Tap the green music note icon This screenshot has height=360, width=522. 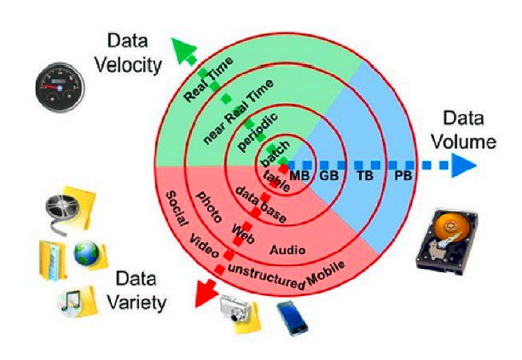pyautogui.click(x=73, y=302)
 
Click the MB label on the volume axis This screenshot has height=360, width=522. pyautogui.click(x=300, y=175)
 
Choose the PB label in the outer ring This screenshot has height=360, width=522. pyautogui.click(x=403, y=175)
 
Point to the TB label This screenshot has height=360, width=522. pyautogui.click(x=365, y=175)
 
